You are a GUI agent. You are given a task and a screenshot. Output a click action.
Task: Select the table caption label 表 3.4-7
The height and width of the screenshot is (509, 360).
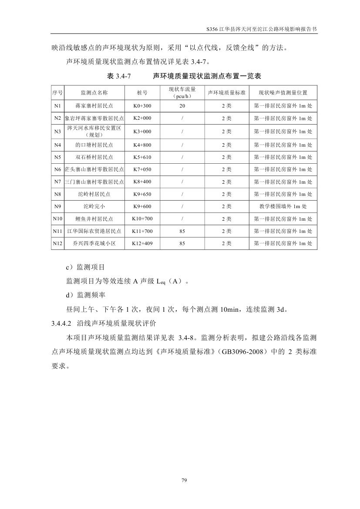point(119,76)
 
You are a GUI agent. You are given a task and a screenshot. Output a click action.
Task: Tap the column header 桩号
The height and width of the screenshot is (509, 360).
point(142,93)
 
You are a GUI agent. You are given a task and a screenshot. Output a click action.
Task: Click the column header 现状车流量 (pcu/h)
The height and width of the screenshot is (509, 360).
point(182,93)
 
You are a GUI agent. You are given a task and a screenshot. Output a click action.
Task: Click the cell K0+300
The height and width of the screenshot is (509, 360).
point(142,106)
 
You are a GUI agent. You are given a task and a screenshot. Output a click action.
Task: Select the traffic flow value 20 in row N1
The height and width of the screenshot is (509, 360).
point(182,106)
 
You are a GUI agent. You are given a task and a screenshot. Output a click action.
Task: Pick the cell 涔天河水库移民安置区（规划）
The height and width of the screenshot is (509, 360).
point(94,131)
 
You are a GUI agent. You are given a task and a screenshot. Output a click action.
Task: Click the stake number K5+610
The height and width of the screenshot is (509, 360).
point(142,157)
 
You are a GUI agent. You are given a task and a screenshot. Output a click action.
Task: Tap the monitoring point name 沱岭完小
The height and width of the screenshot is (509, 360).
point(94,206)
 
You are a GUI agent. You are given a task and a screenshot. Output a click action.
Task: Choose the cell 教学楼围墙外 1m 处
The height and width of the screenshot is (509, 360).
point(283,206)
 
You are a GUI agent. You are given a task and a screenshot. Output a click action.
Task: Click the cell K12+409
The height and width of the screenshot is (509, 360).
point(142,244)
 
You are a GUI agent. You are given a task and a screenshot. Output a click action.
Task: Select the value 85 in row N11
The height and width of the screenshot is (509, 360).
point(182,231)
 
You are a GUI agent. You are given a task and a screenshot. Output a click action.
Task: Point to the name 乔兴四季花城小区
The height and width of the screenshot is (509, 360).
point(94,244)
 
